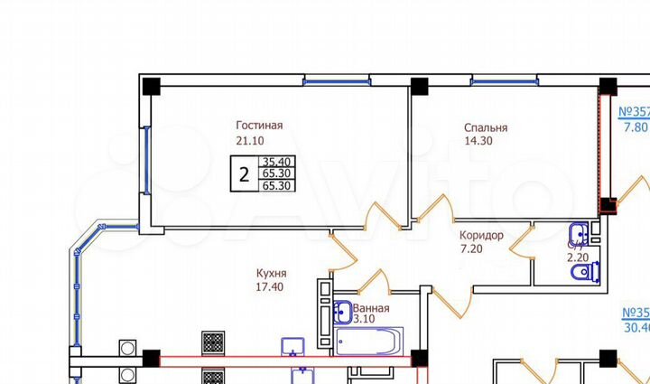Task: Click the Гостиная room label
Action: (x=260, y=125)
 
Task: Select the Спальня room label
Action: (x=486, y=128)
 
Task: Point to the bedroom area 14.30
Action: (x=479, y=142)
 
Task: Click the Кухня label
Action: (x=271, y=273)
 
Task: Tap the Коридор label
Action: (x=480, y=235)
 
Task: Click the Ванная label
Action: (x=371, y=308)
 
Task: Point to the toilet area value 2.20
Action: (x=578, y=257)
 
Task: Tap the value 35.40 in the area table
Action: (x=276, y=162)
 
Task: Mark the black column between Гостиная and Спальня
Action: (x=419, y=87)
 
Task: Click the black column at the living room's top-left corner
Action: (x=151, y=87)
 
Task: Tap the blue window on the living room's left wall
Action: (x=145, y=160)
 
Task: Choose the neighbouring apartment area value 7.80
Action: (x=636, y=127)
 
